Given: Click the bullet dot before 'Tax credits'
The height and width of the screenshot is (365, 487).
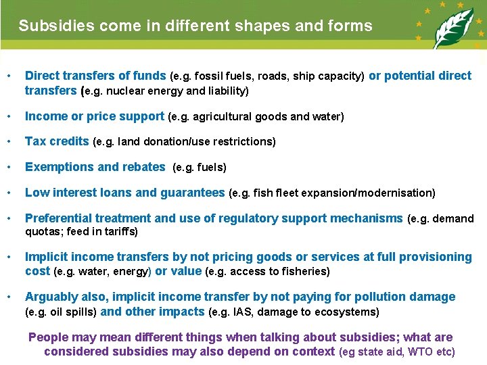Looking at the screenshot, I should [x=8, y=142].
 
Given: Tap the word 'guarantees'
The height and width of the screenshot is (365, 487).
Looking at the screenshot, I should [x=192, y=193].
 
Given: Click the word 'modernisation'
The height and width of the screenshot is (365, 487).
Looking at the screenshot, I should [x=399, y=193].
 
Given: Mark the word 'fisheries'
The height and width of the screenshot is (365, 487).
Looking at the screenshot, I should [x=306, y=272].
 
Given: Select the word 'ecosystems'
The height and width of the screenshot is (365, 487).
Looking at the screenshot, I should [x=350, y=312].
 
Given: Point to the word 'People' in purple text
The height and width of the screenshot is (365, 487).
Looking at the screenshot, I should [x=48, y=337].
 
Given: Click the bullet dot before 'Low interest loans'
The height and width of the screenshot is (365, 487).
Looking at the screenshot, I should [x=8, y=193].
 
